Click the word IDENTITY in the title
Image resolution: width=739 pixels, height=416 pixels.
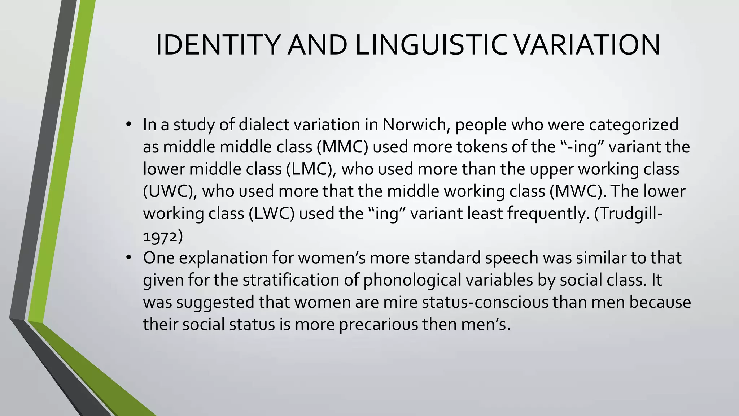(x=218, y=45)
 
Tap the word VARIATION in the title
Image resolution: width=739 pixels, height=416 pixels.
(x=586, y=45)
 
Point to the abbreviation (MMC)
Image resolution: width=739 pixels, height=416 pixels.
(x=342, y=147)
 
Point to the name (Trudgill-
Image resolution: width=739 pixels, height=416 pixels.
(x=628, y=213)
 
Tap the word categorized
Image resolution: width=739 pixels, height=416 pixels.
(x=634, y=125)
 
